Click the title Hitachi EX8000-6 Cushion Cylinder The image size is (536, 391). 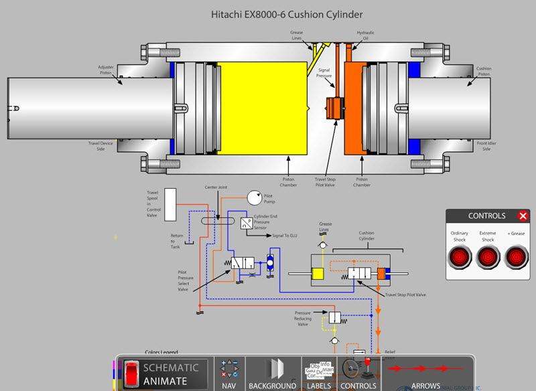pos(287,14)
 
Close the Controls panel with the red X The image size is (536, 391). pos(523,216)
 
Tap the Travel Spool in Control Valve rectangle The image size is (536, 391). pos(170,205)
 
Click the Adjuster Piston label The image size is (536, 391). pos(107,70)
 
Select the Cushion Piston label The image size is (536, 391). pos(484,70)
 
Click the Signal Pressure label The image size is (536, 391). pos(324,73)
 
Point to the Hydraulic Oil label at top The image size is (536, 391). pos(364,35)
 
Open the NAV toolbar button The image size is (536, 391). pos(230,373)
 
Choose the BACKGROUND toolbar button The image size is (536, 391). pos(273,373)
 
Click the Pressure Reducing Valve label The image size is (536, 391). pos(303,319)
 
